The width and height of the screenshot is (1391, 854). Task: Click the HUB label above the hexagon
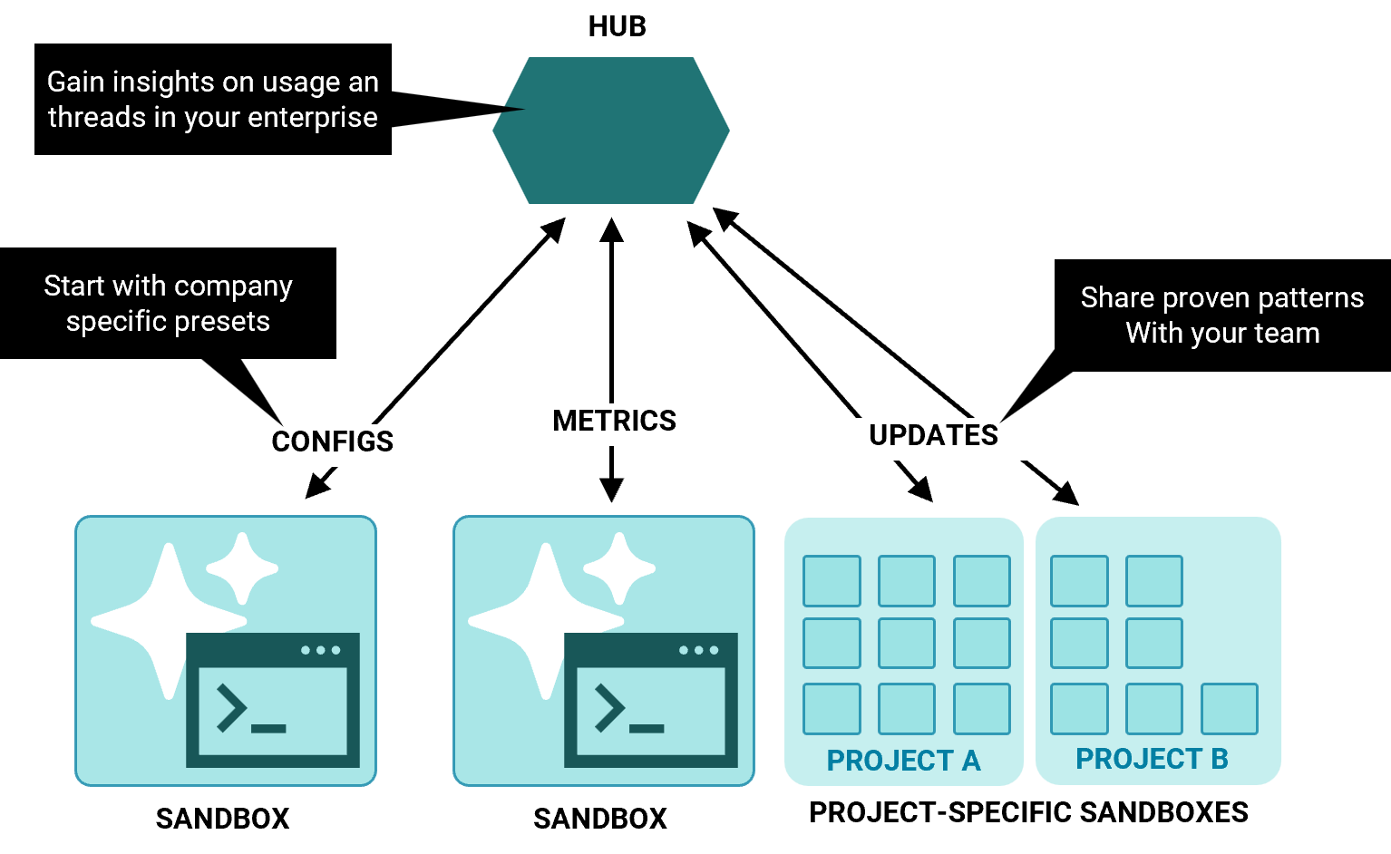pos(617,26)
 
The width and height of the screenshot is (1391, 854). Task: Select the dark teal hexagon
pos(611,131)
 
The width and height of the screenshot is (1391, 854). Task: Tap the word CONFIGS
pos(332,442)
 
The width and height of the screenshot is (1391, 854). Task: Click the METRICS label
pos(614,421)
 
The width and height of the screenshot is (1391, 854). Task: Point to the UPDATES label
pos(933,435)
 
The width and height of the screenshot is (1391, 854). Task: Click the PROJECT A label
pos(903,761)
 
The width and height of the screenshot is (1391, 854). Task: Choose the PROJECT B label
pos(1152,759)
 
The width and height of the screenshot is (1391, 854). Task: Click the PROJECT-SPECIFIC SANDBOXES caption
pos(1028,812)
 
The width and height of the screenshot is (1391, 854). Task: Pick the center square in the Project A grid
pos(907,643)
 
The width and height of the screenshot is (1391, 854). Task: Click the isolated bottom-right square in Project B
pos(1230,709)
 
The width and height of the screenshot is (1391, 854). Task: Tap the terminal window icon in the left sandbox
pos(273,700)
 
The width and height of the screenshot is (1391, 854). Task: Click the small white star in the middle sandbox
pos(619,568)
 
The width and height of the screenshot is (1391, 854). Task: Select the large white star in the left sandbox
pos(169,621)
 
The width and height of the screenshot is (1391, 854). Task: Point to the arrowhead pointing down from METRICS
pos(612,490)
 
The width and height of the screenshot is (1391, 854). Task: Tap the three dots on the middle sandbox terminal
pos(698,650)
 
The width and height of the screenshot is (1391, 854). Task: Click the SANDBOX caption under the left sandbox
pos(222,819)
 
